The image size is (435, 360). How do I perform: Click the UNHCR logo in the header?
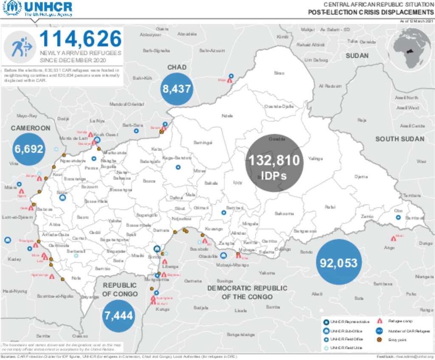point(37,8)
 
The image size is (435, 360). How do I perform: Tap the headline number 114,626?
point(80,39)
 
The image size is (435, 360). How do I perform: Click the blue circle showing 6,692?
point(28,149)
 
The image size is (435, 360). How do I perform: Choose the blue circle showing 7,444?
point(119,315)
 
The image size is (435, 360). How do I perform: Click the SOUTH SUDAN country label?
point(399,139)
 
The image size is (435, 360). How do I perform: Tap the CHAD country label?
point(177,67)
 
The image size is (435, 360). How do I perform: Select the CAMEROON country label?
point(31,128)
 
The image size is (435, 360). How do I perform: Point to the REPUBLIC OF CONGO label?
point(120,290)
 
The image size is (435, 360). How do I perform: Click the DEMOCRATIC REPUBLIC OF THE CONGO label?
point(247,292)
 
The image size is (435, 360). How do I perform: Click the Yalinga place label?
point(315,159)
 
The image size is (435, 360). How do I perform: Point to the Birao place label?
point(279,73)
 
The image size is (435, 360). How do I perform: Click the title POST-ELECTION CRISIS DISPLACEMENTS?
point(370,12)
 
